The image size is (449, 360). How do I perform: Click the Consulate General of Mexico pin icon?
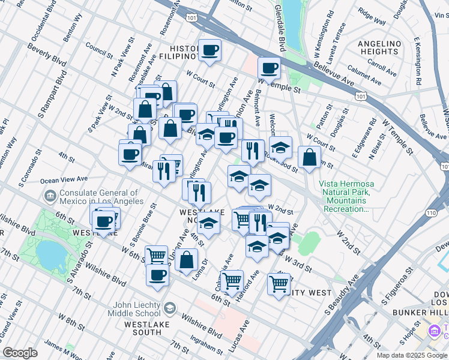tap(49, 196)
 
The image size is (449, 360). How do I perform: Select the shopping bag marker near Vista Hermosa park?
tap(309, 158)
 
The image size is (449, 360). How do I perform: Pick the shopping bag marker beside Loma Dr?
tap(187, 260)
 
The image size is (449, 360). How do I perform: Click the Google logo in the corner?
tap(20, 353)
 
